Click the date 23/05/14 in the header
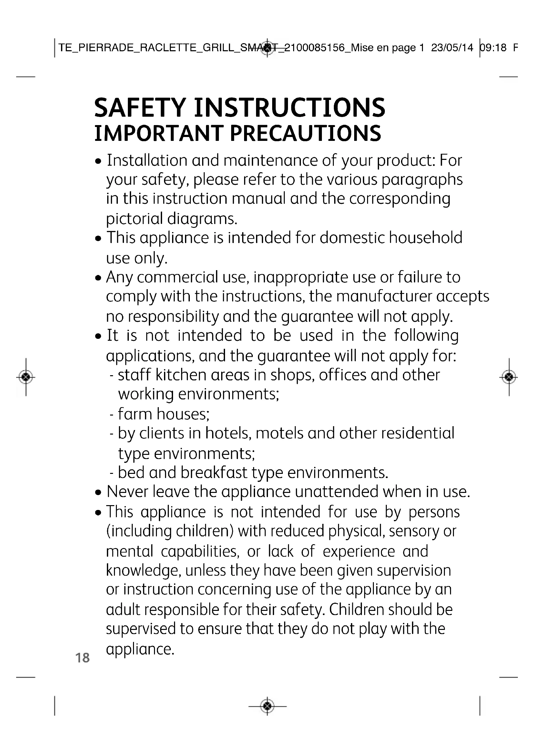coord(452,48)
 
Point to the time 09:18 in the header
coord(493,48)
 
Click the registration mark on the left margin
coord(26,377)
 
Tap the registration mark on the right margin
coord(509,377)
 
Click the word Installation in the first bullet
coord(147,160)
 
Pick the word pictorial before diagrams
coord(135,219)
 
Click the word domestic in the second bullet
coord(352,238)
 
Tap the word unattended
coord(336,492)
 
